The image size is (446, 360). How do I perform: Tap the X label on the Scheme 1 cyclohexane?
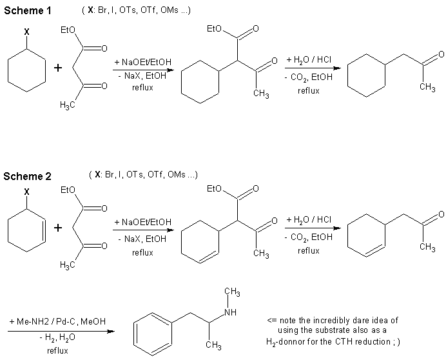click(26, 30)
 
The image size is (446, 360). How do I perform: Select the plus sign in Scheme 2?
click(57, 228)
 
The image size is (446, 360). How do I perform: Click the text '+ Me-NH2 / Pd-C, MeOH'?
click(58, 321)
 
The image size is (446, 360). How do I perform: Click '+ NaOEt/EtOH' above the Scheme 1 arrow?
click(141, 61)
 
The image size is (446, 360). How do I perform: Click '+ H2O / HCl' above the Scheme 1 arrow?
click(309, 60)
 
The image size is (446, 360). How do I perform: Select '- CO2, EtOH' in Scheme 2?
click(308, 237)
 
